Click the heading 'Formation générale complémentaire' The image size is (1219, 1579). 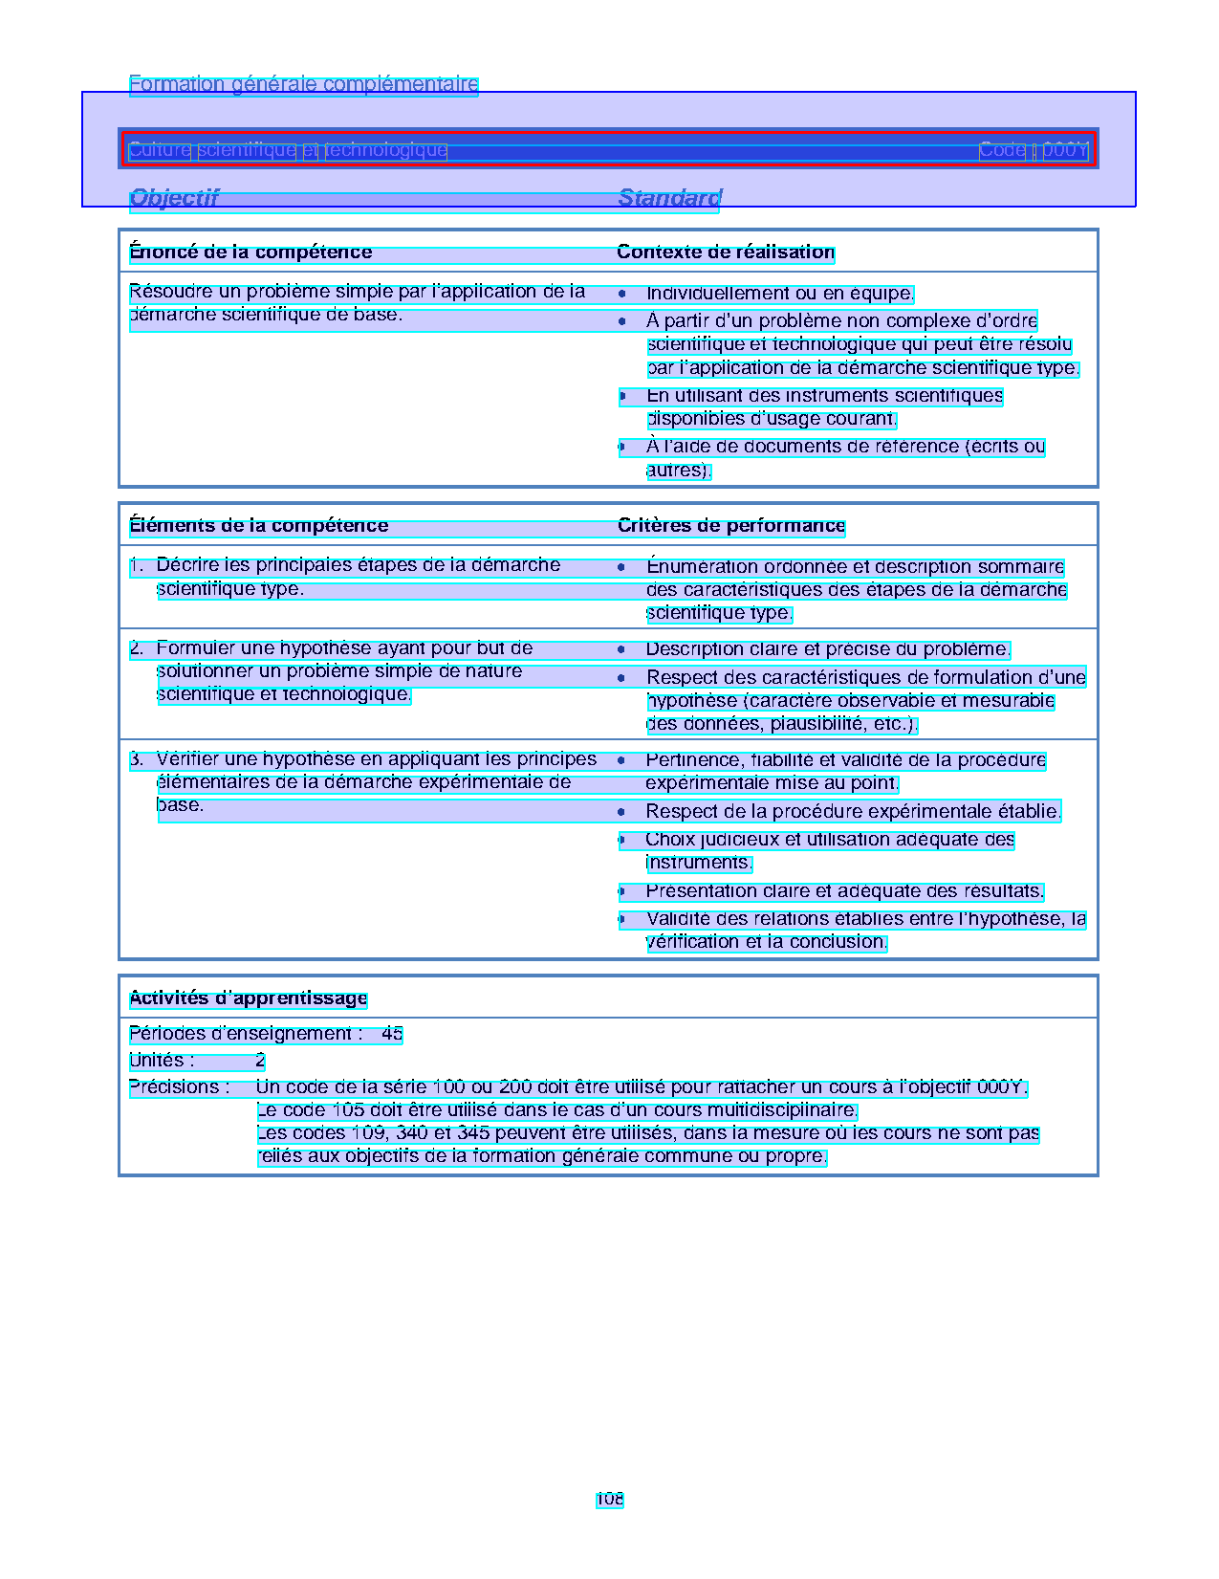click(303, 84)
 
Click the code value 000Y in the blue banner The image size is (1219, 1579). click(1065, 150)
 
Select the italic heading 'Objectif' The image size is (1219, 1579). click(174, 198)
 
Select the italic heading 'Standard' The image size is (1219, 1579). click(669, 198)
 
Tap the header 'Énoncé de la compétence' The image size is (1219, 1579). click(250, 252)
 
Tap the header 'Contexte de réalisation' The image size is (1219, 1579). click(726, 252)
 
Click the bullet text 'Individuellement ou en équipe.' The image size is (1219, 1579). click(780, 294)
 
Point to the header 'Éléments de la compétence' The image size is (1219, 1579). click(259, 526)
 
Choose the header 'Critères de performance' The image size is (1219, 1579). click(731, 526)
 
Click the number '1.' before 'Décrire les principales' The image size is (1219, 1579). click(137, 566)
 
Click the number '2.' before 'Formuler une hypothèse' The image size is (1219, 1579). click(137, 649)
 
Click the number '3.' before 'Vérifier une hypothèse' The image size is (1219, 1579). click(137, 760)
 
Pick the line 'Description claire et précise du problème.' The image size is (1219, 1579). click(828, 649)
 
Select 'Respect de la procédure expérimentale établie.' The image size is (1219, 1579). click(853, 812)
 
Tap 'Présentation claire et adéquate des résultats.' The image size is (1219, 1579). click(844, 891)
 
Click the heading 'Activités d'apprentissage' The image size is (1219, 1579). click(249, 998)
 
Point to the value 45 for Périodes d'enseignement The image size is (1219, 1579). click(392, 1034)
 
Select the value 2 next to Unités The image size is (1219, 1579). click(260, 1061)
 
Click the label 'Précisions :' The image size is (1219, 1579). click(180, 1087)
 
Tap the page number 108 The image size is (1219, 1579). click(610, 1500)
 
